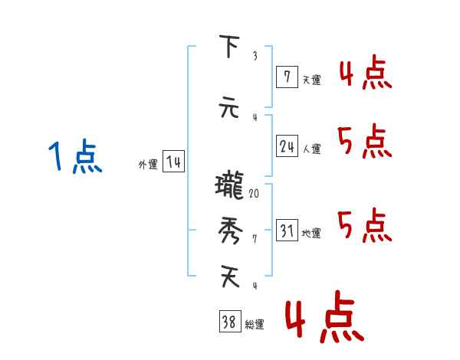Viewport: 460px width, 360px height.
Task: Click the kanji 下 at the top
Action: (228, 47)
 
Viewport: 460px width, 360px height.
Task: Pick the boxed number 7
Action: (286, 77)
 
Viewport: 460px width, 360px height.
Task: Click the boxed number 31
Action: (287, 231)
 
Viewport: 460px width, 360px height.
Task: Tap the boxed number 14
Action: (173, 162)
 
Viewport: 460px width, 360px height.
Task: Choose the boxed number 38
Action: (229, 322)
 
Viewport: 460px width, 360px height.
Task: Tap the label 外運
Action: (147, 165)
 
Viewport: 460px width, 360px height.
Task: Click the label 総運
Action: (254, 325)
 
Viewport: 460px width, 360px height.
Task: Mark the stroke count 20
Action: (254, 194)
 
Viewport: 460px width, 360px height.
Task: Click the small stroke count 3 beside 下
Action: (255, 56)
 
